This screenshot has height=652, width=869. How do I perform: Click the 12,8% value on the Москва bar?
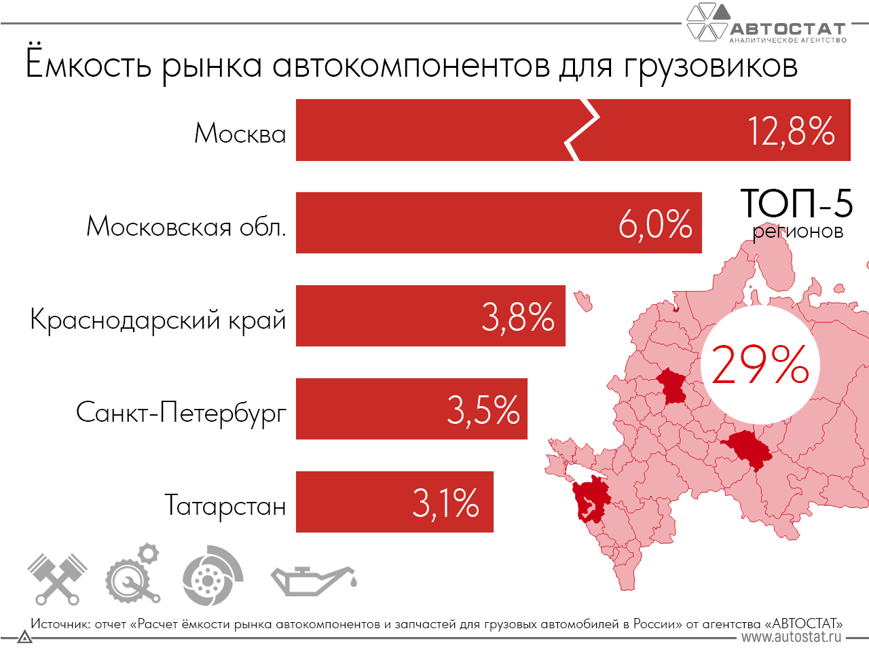tap(791, 131)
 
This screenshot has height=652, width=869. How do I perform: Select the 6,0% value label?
tap(655, 224)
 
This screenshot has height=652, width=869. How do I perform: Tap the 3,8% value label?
tap(518, 317)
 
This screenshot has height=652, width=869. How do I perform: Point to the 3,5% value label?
tap(483, 410)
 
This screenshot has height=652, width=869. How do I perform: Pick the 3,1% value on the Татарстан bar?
tap(446, 503)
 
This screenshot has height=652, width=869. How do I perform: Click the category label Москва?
tap(240, 133)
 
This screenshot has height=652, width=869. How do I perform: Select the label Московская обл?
tap(186, 226)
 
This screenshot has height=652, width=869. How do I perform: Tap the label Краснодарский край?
tap(158, 319)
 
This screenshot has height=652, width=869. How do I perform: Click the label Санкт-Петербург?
tap(181, 412)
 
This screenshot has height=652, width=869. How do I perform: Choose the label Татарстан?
tap(225, 505)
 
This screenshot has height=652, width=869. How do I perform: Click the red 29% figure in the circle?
tap(760, 365)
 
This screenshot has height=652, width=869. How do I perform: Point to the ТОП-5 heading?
tap(796, 203)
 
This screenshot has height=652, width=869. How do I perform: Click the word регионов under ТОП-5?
tap(798, 232)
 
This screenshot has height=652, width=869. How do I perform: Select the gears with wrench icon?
tap(133, 574)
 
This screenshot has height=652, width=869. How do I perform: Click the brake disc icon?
tap(212, 576)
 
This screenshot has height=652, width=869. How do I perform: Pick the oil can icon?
tap(312, 579)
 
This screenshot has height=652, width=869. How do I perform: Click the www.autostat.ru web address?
tap(791, 637)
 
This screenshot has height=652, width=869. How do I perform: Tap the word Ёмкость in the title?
tap(88, 65)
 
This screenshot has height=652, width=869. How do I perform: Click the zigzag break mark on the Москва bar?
tap(583, 130)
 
